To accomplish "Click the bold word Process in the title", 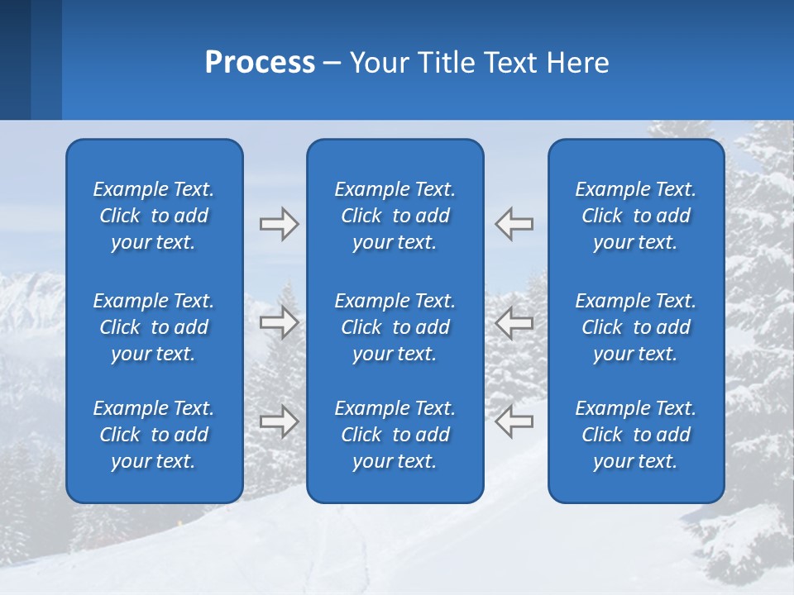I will (x=260, y=63).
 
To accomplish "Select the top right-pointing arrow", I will (x=279, y=224).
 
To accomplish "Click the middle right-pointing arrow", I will (x=279, y=322).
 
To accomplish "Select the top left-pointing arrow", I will (x=514, y=224).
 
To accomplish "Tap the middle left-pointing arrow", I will (x=514, y=322).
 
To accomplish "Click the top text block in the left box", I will (x=154, y=216).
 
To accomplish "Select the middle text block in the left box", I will (x=154, y=327).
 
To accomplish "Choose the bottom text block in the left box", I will (x=154, y=435).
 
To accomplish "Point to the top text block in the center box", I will (x=395, y=216).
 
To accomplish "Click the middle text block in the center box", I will (x=395, y=327).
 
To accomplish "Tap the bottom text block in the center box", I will (x=395, y=435).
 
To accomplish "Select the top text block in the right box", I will (x=636, y=216).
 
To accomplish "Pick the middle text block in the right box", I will (x=636, y=327).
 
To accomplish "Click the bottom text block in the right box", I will (x=636, y=435).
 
